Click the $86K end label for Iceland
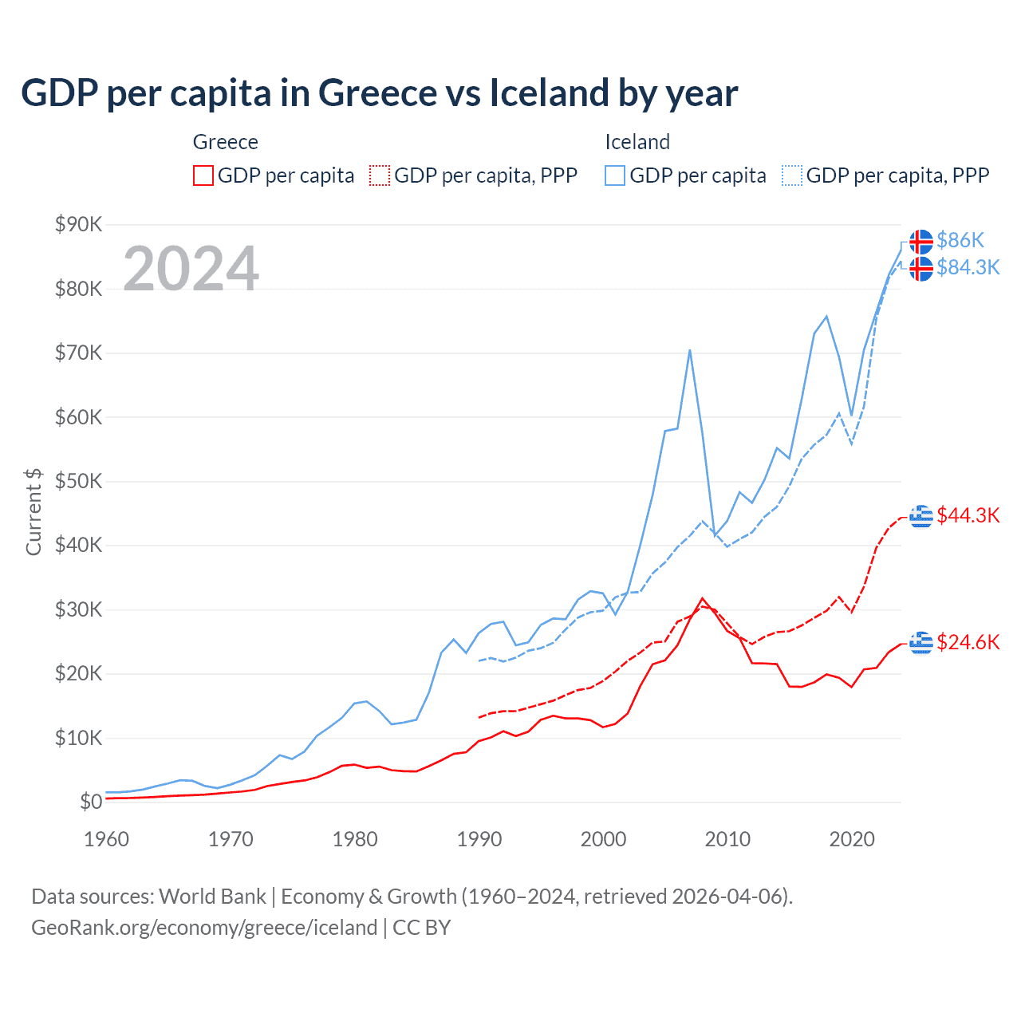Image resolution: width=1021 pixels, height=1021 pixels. tap(960, 240)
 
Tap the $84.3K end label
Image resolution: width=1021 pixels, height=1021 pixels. tap(968, 267)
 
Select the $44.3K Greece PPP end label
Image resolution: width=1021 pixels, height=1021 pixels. tap(968, 515)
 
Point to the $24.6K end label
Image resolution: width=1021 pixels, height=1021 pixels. tap(968, 642)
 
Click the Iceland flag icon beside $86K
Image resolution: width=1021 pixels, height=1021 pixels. tap(921, 241)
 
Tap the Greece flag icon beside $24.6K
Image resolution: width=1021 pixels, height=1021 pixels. tap(921, 642)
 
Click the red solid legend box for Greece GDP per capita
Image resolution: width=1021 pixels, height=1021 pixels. tap(203, 175)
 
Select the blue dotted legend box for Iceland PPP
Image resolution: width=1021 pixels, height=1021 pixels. tap(792, 175)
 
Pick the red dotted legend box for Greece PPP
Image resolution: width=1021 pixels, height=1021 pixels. tap(380, 175)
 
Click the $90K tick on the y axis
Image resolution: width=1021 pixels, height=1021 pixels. tap(78, 224)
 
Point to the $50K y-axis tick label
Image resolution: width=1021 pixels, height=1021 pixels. tap(78, 481)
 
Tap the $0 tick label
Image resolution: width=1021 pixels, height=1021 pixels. tap(90, 802)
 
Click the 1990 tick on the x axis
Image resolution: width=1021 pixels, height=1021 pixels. tap(479, 839)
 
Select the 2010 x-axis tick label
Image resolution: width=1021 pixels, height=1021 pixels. tap(727, 839)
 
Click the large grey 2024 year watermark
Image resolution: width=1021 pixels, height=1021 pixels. tap(191, 269)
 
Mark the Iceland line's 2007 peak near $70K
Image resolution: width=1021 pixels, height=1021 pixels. tap(689, 350)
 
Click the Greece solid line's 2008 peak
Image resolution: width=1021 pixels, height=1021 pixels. tap(702, 598)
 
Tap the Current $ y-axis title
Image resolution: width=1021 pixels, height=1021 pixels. tap(34, 512)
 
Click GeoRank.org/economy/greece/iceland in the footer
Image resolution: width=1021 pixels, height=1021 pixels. tap(204, 928)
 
